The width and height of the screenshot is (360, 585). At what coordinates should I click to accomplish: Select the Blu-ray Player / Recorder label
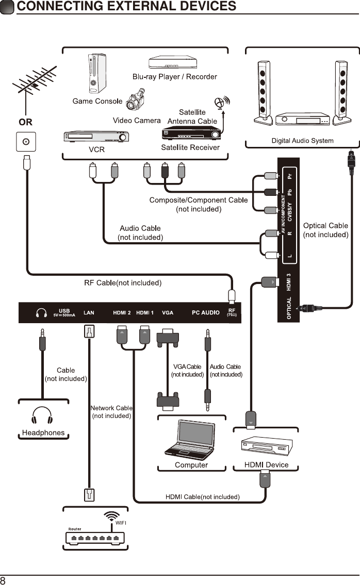pyautogui.click(x=174, y=77)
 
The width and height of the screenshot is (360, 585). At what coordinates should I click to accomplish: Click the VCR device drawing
pyautogui.click(x=96, y=137)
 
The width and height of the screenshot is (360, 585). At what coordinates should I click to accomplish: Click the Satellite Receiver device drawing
pyautogui.click(x=191, y=133)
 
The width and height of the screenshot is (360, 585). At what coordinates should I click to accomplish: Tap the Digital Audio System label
pyautogui.click(x=302, y=141)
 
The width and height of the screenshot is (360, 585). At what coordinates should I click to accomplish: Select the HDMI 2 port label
pyautogui.click(x=122, y=313)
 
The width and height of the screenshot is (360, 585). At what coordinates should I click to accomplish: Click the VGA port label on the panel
pyautogui.click(x=168, y=313)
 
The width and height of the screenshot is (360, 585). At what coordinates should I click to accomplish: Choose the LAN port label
pyautogui.click(x=89, y=313)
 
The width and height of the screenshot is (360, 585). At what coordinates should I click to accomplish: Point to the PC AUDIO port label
pyautogui.click(x=206, y=313)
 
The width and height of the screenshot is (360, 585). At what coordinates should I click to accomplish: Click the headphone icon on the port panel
pyautogui.click(x=41, y=313)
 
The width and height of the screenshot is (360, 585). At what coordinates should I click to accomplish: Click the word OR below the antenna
pyautogui.click(x=25, y=123)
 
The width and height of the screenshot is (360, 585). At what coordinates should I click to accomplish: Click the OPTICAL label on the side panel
pyautogui.click(x=289, y=308)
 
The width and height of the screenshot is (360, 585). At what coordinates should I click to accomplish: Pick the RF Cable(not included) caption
pyautogui.click(x=123, y=283)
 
